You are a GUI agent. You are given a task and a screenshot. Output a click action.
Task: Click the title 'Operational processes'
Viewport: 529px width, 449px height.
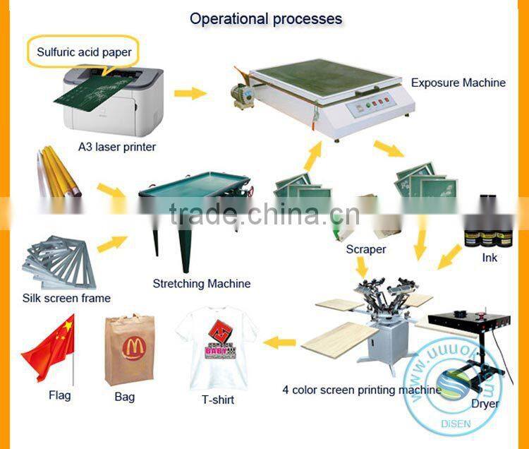[265, 18]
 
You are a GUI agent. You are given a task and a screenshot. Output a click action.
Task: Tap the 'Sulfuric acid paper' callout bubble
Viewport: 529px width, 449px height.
[84, 52]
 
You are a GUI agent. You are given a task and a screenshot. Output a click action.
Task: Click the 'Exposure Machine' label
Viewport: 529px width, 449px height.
[458, 83]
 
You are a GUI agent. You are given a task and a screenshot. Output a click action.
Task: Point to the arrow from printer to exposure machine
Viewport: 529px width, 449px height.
[190, 93]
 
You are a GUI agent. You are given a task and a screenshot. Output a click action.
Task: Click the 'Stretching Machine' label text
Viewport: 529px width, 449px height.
[201, 284]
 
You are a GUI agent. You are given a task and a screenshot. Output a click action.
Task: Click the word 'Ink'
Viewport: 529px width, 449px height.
[490, 258]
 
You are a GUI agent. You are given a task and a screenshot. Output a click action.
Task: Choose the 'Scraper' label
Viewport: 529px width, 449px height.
[365, 249]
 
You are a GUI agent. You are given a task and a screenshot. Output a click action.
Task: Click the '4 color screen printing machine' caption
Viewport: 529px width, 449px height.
[356, 389]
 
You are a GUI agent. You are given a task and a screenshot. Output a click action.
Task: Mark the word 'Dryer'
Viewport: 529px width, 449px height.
[485, 404]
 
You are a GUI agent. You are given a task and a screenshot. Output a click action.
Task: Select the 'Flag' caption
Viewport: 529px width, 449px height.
[59, 395]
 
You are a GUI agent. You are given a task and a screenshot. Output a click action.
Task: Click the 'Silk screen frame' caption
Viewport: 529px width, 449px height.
[66, 298]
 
